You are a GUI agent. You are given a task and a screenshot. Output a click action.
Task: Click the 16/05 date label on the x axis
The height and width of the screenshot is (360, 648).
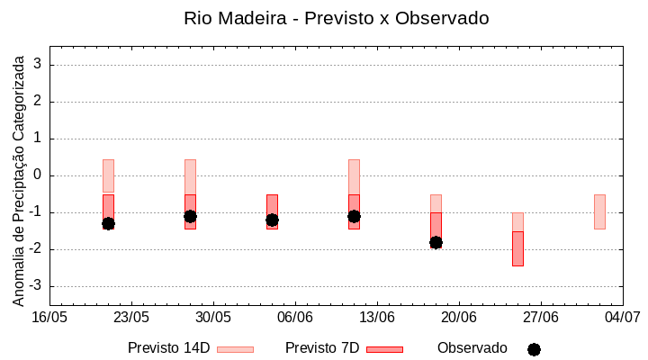click(50, 317)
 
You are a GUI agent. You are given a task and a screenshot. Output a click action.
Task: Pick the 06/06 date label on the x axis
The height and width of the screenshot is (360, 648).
click(295, 317)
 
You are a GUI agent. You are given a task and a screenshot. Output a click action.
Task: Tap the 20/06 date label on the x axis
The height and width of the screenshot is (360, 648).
click(459, 317)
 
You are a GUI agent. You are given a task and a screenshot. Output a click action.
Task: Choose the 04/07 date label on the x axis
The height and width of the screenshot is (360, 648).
click(622, 317)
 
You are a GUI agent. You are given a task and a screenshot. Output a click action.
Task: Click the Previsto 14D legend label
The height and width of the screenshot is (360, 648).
click(168, 348)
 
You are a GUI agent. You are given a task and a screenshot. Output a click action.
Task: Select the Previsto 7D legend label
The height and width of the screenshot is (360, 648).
click(322, 348)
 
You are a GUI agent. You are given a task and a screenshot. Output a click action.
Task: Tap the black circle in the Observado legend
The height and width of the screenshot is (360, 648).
click(534, 349)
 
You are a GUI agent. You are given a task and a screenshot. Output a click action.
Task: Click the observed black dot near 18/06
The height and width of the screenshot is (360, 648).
click(436, 242)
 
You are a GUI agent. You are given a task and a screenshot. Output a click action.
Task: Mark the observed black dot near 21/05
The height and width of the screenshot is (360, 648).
click(108, 223)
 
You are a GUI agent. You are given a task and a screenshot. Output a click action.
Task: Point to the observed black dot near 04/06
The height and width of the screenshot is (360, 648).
click(272, 220)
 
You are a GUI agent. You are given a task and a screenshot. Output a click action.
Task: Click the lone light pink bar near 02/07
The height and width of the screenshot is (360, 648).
click(599, 211)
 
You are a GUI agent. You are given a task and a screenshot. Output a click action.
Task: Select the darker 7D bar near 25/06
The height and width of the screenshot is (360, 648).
click(517, 248)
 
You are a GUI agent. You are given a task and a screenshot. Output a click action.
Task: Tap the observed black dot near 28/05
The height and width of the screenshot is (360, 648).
click(190, 216)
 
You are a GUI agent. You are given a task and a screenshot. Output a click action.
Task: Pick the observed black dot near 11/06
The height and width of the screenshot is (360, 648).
click(354, 216)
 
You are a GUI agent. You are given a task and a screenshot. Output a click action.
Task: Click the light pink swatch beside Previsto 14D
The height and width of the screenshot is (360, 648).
click(235, 349)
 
